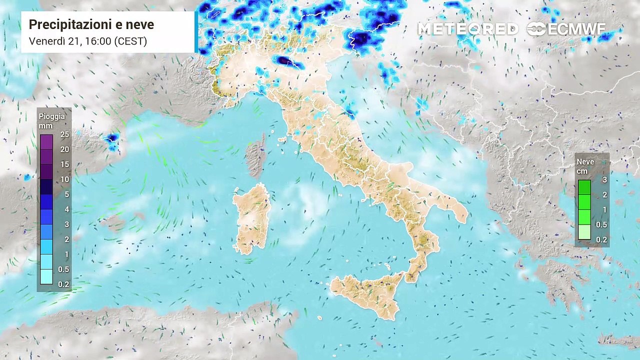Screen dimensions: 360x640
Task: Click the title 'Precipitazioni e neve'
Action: [x=91, y=25]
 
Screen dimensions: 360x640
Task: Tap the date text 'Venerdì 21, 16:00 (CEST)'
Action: [x=88, y=41]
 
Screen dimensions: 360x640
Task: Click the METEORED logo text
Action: [x=468, y=29]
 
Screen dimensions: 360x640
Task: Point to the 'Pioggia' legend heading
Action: [x=52, y=116]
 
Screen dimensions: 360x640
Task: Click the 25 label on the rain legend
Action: [x=65, y=134]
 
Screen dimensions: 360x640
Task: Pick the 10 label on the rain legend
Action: [x=65, y=179]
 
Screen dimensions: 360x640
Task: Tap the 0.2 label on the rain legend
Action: [x=63, y=284]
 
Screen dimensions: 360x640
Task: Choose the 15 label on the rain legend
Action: [x=65, y=164]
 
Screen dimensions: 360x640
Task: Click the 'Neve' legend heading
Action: [x=585, y=162]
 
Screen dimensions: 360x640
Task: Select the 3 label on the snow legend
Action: [x=604, y=180]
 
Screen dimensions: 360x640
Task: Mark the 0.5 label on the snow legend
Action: [x=601, y=225]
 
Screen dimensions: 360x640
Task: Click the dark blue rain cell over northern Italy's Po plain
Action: [x=284, y=61]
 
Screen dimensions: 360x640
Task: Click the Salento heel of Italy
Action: [x=457, y=210]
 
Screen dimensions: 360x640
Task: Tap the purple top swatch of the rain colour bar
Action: [x=46, y=141]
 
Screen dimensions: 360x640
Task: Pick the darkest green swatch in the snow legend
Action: [x=584, y=187]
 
